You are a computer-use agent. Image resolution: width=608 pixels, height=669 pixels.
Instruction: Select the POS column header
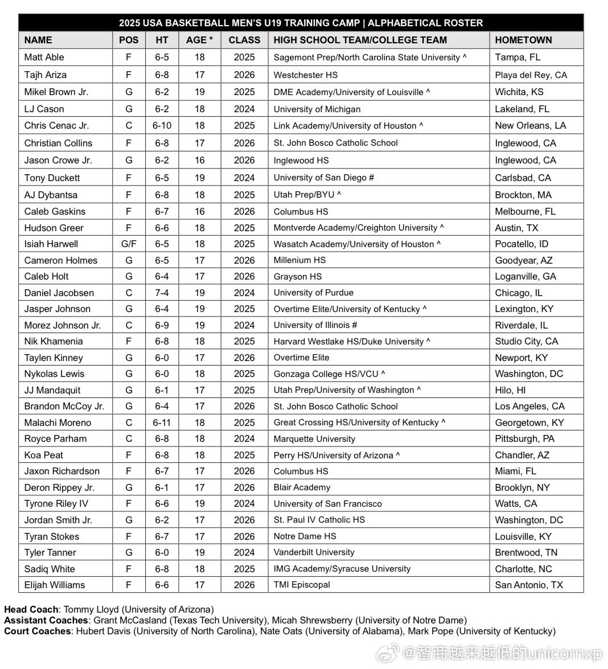(129, 40)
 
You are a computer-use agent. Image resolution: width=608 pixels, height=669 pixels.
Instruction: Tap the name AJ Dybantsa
(51, 195)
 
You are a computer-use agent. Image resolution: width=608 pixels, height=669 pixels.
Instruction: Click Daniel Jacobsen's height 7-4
(162, 293)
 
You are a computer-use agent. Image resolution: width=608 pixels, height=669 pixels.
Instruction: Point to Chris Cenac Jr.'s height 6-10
(162, 125)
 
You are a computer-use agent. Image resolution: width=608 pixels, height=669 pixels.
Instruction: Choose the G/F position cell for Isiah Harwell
(129, 244)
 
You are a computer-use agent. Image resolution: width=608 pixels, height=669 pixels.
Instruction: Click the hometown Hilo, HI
(510, 390)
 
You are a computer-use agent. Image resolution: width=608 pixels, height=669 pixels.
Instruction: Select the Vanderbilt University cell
(314, 552)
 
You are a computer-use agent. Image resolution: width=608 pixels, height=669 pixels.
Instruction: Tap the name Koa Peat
(44, 455)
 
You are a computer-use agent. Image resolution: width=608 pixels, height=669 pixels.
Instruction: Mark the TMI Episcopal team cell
(302, 585)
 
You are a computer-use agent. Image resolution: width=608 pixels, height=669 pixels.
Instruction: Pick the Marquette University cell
(314, 439)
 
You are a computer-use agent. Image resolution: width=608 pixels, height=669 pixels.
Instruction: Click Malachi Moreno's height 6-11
(162, 422)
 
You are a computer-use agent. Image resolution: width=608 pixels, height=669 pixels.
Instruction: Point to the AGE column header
(199, 40)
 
